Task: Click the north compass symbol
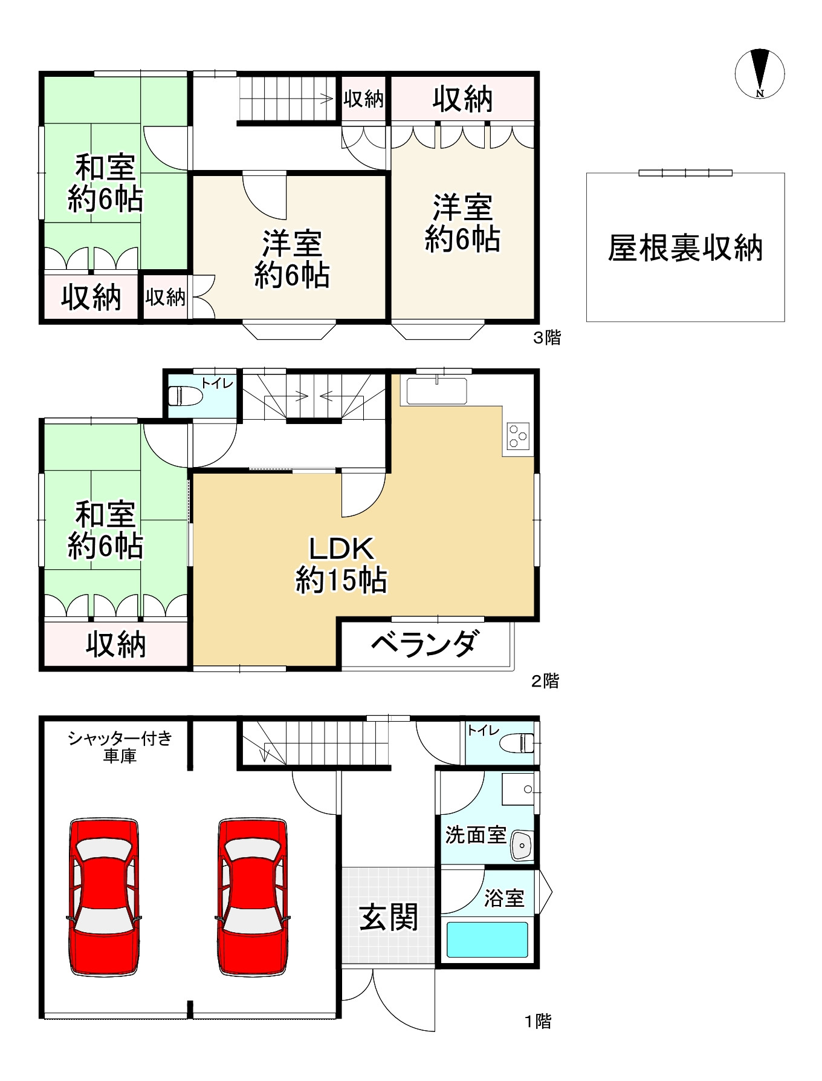tap(760, 73)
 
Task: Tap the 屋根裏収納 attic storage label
tap(685, 248)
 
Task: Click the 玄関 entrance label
tap(388, 918)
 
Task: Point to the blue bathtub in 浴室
tap(487, 939)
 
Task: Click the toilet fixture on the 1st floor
tap(517, 743)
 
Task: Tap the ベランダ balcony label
tap(426, 645)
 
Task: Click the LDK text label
tap(341, 549)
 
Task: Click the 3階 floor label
tap(546, 338)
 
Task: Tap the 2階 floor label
tap(545, 681)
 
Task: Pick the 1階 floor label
tap(537, 1022)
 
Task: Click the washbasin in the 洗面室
tap(520, 845)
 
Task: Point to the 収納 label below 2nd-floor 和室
tap(115, 645)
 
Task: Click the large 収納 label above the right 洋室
tap(462, 99)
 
